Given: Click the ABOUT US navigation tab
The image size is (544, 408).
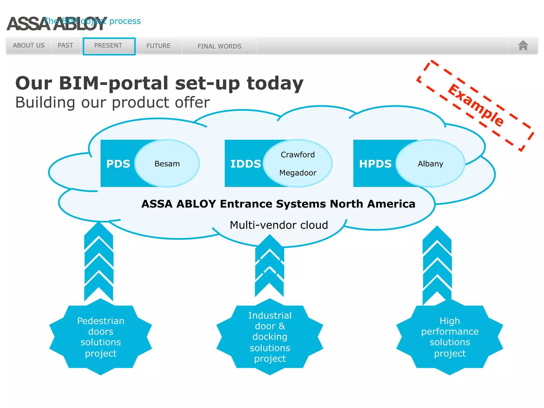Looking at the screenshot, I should pos(29,45).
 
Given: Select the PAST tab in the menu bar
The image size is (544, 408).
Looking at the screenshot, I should pos(65,45).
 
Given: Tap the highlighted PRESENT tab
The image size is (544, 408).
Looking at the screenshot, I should pos(109,46).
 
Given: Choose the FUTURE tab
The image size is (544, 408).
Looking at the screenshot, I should pos(158,46).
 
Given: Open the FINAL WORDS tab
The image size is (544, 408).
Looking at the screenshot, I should pos(219,46).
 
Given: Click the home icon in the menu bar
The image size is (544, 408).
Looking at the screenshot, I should pos(523,45).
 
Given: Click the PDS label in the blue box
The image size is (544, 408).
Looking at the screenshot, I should pos(118,164).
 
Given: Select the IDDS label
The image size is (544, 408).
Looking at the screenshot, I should pos(245,164).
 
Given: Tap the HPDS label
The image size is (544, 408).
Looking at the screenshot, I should pos(375,164).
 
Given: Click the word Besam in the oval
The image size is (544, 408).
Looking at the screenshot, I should pos(167,164).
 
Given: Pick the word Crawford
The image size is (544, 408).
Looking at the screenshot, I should pos(297,155).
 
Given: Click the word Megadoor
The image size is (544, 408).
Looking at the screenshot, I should pos(298,173).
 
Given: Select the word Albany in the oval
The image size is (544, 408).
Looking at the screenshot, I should pos(430,164).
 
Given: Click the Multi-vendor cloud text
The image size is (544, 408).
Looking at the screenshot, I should pos(279,225).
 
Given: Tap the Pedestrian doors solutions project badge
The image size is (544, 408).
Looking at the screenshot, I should pos(101,337).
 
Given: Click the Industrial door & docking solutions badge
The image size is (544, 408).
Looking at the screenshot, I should pos(270,337).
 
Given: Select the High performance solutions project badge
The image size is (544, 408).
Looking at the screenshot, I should pos(450,337).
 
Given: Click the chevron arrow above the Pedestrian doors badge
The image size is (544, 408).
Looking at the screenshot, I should pos(99,263).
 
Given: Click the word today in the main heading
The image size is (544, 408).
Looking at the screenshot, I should pos(275,83).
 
